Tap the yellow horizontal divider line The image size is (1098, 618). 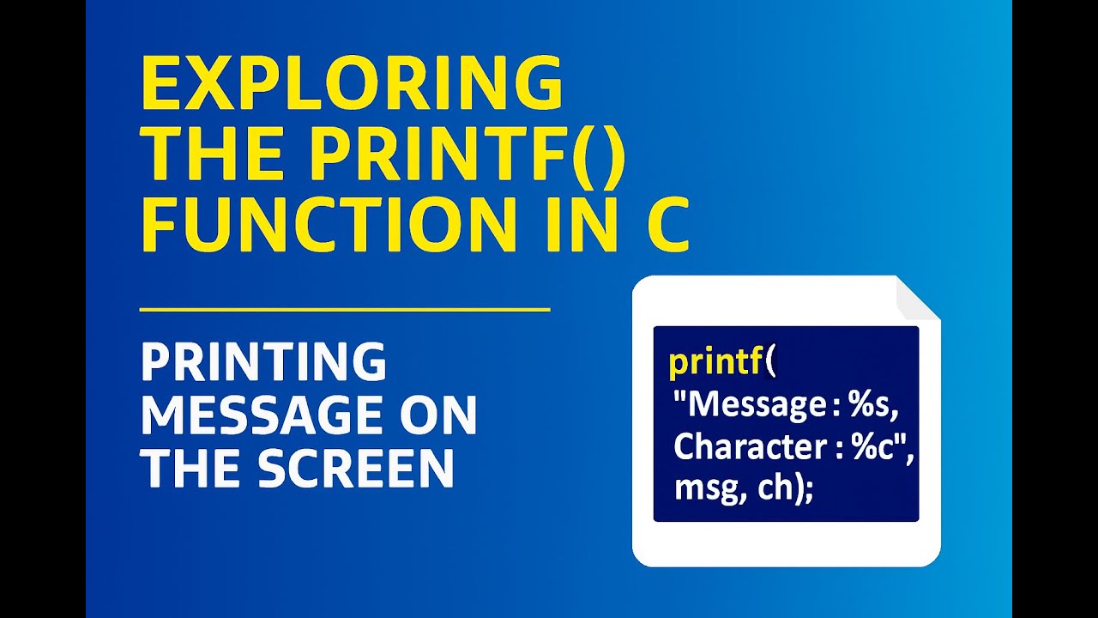click(x=344, y=308)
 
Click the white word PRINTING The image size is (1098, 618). click(x=263, y=362)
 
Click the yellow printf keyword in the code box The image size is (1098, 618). click(x=715, y=362)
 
